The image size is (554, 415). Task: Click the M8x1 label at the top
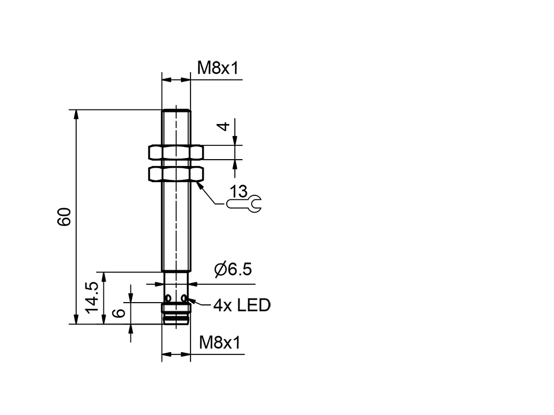point(218,68)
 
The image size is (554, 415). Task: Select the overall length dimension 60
point(64,217)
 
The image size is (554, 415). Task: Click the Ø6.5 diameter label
point(233,270)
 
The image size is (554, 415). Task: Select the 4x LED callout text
point(241,305)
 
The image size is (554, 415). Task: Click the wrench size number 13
point(238,191)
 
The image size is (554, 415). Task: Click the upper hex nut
point(176,152)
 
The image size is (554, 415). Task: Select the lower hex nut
point(176,173)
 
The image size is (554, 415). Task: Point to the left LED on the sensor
point(168,299)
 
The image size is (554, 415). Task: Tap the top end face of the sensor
point(176,110)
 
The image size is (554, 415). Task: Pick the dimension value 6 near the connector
point(119,313)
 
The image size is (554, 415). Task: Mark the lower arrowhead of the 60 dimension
point(76,319)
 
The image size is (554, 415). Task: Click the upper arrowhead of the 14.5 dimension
point(104,277)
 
